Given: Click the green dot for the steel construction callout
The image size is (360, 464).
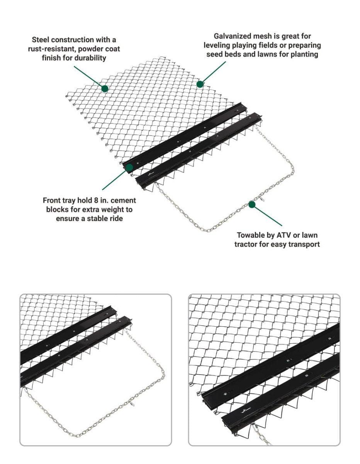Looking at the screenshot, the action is [x=105, y=89].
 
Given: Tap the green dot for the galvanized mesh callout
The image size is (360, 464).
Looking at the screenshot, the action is [x=200, y=84].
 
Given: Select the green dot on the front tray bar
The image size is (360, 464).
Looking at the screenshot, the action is [x=129, y=167].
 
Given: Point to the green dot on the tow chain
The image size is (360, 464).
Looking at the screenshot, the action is [x=252, y=205].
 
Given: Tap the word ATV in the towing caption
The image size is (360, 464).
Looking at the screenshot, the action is [x=284, y=235].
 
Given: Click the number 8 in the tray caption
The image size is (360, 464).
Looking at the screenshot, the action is [x=96, y=200].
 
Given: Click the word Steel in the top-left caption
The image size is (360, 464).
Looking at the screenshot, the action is [x=41, y=40].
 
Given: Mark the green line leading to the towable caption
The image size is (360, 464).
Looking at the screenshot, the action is [x=268, y=216].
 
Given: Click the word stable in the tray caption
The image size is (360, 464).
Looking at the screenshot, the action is [x=93, y=218].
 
